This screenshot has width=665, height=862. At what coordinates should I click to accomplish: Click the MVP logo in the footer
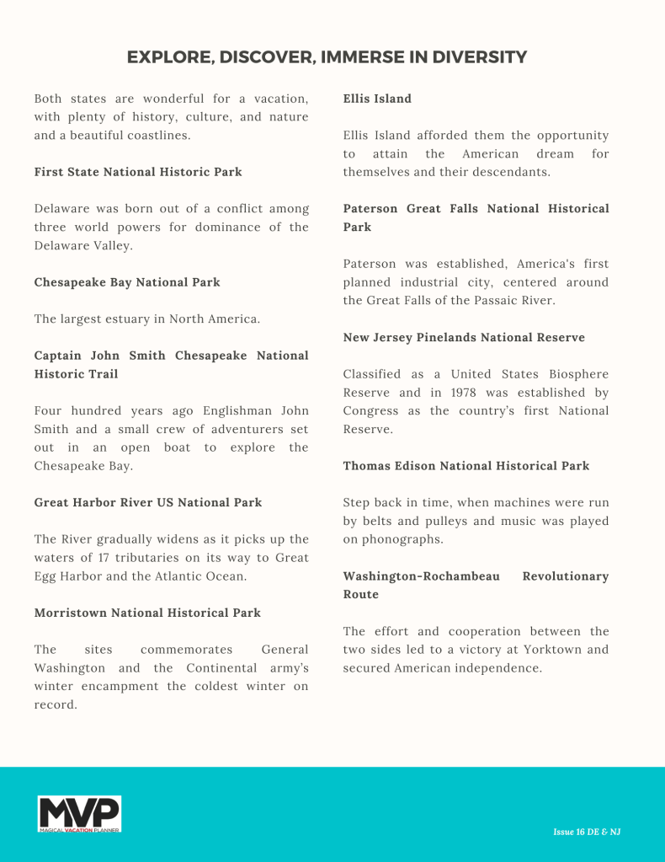coord(79,814)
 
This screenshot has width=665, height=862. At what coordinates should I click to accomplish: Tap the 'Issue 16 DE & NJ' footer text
coord(587,832)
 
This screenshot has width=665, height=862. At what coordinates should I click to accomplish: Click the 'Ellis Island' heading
coord(377,99)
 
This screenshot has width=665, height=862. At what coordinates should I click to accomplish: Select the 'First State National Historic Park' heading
coord(138,172)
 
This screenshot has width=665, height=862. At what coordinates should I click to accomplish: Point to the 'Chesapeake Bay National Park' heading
coord(127,282)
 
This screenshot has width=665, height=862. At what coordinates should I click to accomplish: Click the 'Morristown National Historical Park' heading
coord(147,613)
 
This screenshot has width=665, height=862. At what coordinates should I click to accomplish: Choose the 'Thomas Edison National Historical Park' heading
coord(466,465)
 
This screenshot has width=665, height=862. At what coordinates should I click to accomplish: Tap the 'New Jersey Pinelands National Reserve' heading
coord(464,337)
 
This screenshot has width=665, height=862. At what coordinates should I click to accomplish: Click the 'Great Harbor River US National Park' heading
coord(148,502)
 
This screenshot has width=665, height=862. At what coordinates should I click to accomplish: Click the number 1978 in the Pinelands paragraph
coord(463,393)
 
